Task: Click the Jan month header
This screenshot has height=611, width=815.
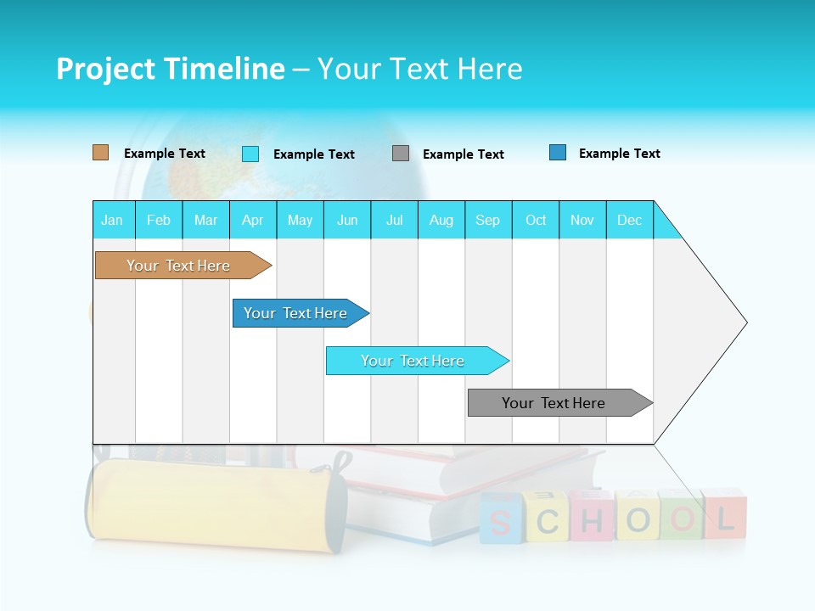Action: [113, 220]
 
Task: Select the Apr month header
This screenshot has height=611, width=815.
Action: [253, 220]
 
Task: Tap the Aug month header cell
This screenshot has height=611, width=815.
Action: [441, 220]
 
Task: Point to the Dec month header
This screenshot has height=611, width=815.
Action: [629, 220]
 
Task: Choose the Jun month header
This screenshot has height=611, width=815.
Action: [347, 220]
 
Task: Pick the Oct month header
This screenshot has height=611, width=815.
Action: [536, 220]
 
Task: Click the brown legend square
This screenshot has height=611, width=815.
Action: [101, 153]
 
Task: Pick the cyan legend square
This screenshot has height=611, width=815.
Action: [250, 154]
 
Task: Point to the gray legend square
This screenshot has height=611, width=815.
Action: [401, 154]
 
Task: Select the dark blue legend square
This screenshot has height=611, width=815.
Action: [558, 153]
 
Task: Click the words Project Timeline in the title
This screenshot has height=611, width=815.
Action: [170, 69]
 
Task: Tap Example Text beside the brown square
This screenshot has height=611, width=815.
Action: [165, 154]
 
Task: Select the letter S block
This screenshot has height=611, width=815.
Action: [501, 519]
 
